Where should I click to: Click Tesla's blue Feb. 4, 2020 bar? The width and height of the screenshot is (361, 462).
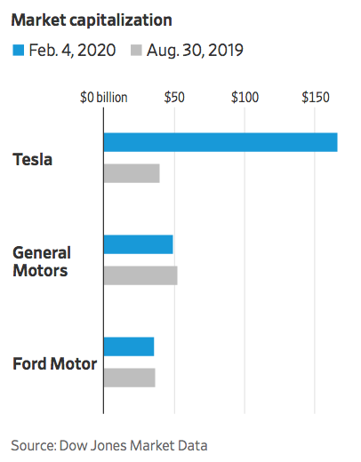tap(221, 142)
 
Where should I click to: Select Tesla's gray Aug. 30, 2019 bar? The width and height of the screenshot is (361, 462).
tap(132, 173)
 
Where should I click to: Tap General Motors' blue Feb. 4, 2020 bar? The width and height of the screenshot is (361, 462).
tap(139, 244)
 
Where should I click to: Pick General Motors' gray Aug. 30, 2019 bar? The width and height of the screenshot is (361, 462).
tap(140, 275)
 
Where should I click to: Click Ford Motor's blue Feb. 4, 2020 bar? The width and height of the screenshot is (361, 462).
tap(129, 346)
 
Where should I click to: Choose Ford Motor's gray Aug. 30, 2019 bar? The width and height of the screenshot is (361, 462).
tap(130, 378)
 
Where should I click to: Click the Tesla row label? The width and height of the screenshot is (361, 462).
tap(33, 160)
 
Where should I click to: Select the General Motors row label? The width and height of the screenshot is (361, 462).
tap(41, 261)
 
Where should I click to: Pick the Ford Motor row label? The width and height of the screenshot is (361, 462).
tap(54, 363)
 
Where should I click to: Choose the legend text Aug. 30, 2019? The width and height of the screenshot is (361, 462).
tap(197, 50)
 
